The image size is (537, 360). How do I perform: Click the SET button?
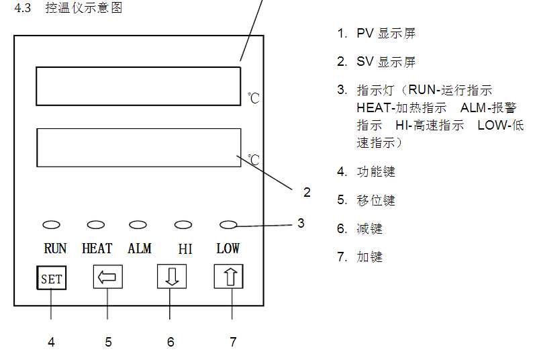click(x=51, y=277)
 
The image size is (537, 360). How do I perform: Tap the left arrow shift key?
click(x=107, y=277)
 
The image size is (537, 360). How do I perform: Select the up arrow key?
click(x=228, y=277)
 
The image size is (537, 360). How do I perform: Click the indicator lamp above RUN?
click(x=52, y=225)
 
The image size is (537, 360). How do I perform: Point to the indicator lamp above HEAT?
click(x=96, y=225)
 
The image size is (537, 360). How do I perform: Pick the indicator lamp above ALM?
click(x=138, y=225)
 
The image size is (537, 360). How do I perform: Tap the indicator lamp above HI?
click(x=183, y=225)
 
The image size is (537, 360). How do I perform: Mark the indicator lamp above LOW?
click(x=229, y=225)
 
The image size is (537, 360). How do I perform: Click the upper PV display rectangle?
click(x=138, y=85)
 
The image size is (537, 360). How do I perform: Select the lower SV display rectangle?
click(x=138, y=147)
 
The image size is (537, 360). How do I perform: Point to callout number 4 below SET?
click(x=51, y=342)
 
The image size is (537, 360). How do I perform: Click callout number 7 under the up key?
click(x=233, y=342)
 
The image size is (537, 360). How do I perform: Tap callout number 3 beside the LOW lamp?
click(x=301, y=223)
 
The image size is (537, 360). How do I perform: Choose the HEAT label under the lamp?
click(x=97, y=249)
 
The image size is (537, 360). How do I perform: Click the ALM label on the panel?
click(x=140, y=249)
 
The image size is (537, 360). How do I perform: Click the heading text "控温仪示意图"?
click(x=84, y=9)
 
